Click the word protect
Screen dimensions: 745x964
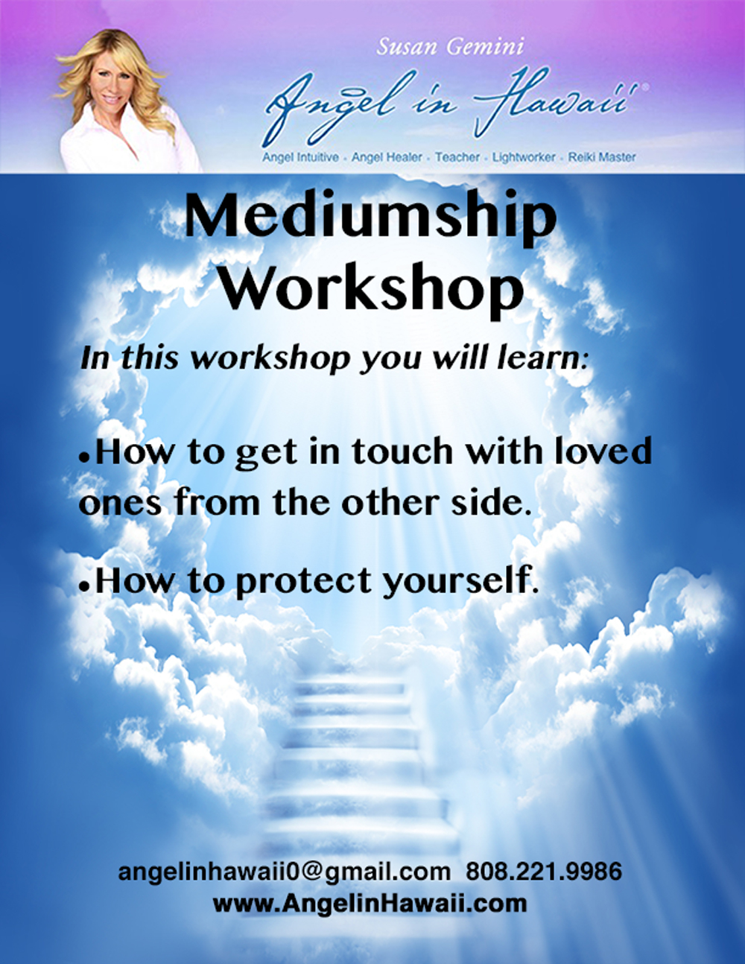point(304,581)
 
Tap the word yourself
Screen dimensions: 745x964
point(457,580)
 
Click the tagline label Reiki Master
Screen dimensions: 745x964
point(602,156)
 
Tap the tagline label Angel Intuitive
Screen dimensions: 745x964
point(301,157)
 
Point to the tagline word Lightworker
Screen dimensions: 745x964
point(523,157)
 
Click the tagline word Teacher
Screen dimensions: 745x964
point(457,156)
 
